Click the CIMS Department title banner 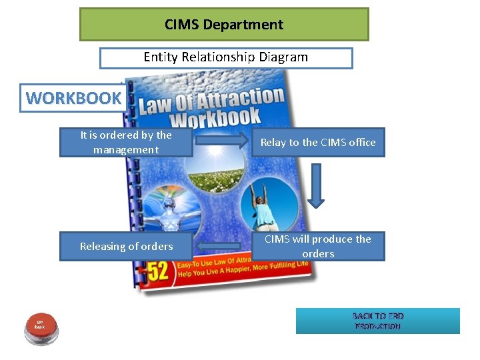point(224,25)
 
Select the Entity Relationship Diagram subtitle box point(226,57)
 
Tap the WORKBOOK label point(73,98)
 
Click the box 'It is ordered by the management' point(126,142)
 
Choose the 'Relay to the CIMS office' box point(318,142)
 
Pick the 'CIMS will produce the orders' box point(318,246)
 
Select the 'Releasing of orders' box point(126,246)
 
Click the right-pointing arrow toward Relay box point(221,141)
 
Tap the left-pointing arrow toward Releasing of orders point(221,247)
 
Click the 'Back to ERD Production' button point(378,321)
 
